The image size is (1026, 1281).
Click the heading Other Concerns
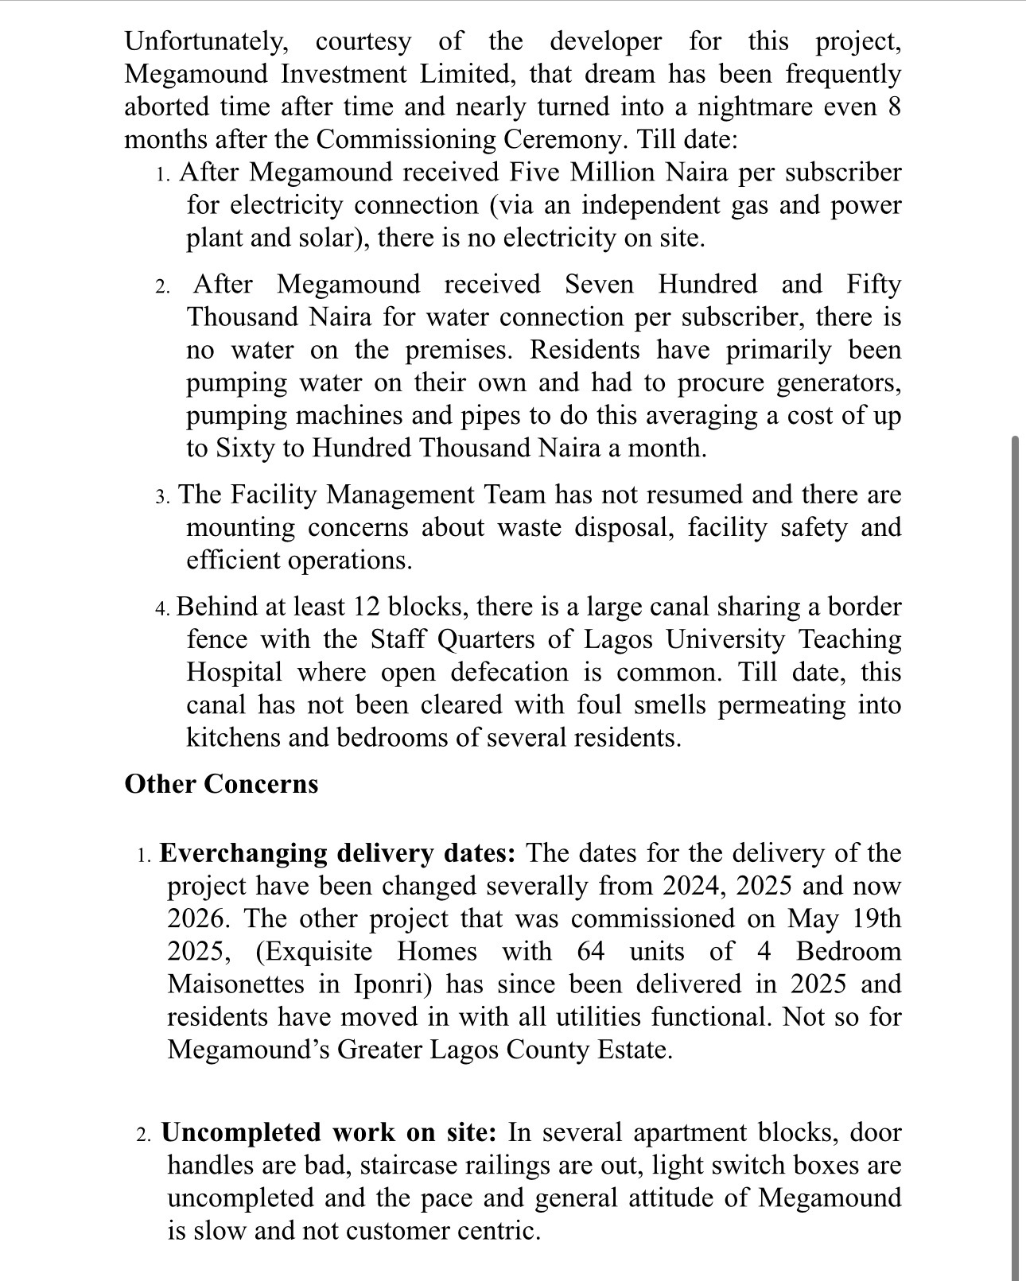(221, 784)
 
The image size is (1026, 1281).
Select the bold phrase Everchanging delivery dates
(338, 853)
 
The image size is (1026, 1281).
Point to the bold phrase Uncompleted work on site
(329, 1132)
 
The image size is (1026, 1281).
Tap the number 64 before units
(591, 952)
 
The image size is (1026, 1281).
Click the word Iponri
(392, 984)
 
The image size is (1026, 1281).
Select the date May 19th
(845, 918)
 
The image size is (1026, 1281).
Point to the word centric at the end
(498, 1231)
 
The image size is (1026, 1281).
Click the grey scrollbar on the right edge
(1015, 795)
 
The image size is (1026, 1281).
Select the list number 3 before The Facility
(161, 497)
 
